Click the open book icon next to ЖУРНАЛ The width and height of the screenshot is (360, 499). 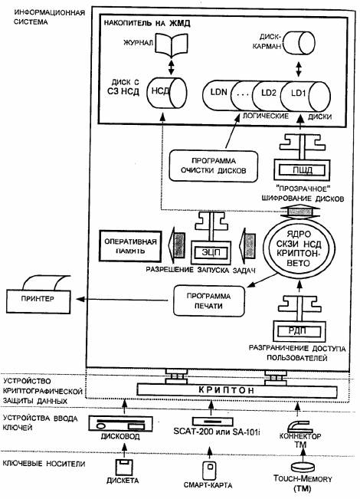171,44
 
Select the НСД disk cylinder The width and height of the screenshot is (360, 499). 167,92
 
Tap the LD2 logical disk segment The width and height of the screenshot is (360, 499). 268,93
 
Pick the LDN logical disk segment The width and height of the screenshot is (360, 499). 218,93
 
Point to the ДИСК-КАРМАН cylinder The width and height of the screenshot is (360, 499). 299,44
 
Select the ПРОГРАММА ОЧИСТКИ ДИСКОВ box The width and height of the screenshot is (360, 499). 214,166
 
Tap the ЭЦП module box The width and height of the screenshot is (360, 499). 211,252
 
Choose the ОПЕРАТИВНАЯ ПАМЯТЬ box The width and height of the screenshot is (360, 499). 130,246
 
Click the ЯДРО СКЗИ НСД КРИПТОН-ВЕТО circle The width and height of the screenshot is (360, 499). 298,248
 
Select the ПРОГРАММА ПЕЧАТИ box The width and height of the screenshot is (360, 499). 209,300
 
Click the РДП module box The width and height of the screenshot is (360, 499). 299,331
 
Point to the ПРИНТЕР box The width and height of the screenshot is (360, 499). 38,301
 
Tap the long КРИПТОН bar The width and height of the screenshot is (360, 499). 237,390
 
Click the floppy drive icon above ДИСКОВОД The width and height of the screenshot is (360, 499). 120,424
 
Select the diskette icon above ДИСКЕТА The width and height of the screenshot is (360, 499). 124,468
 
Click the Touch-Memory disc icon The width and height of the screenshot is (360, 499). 303,467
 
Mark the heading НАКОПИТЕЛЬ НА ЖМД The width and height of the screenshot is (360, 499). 147,24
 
